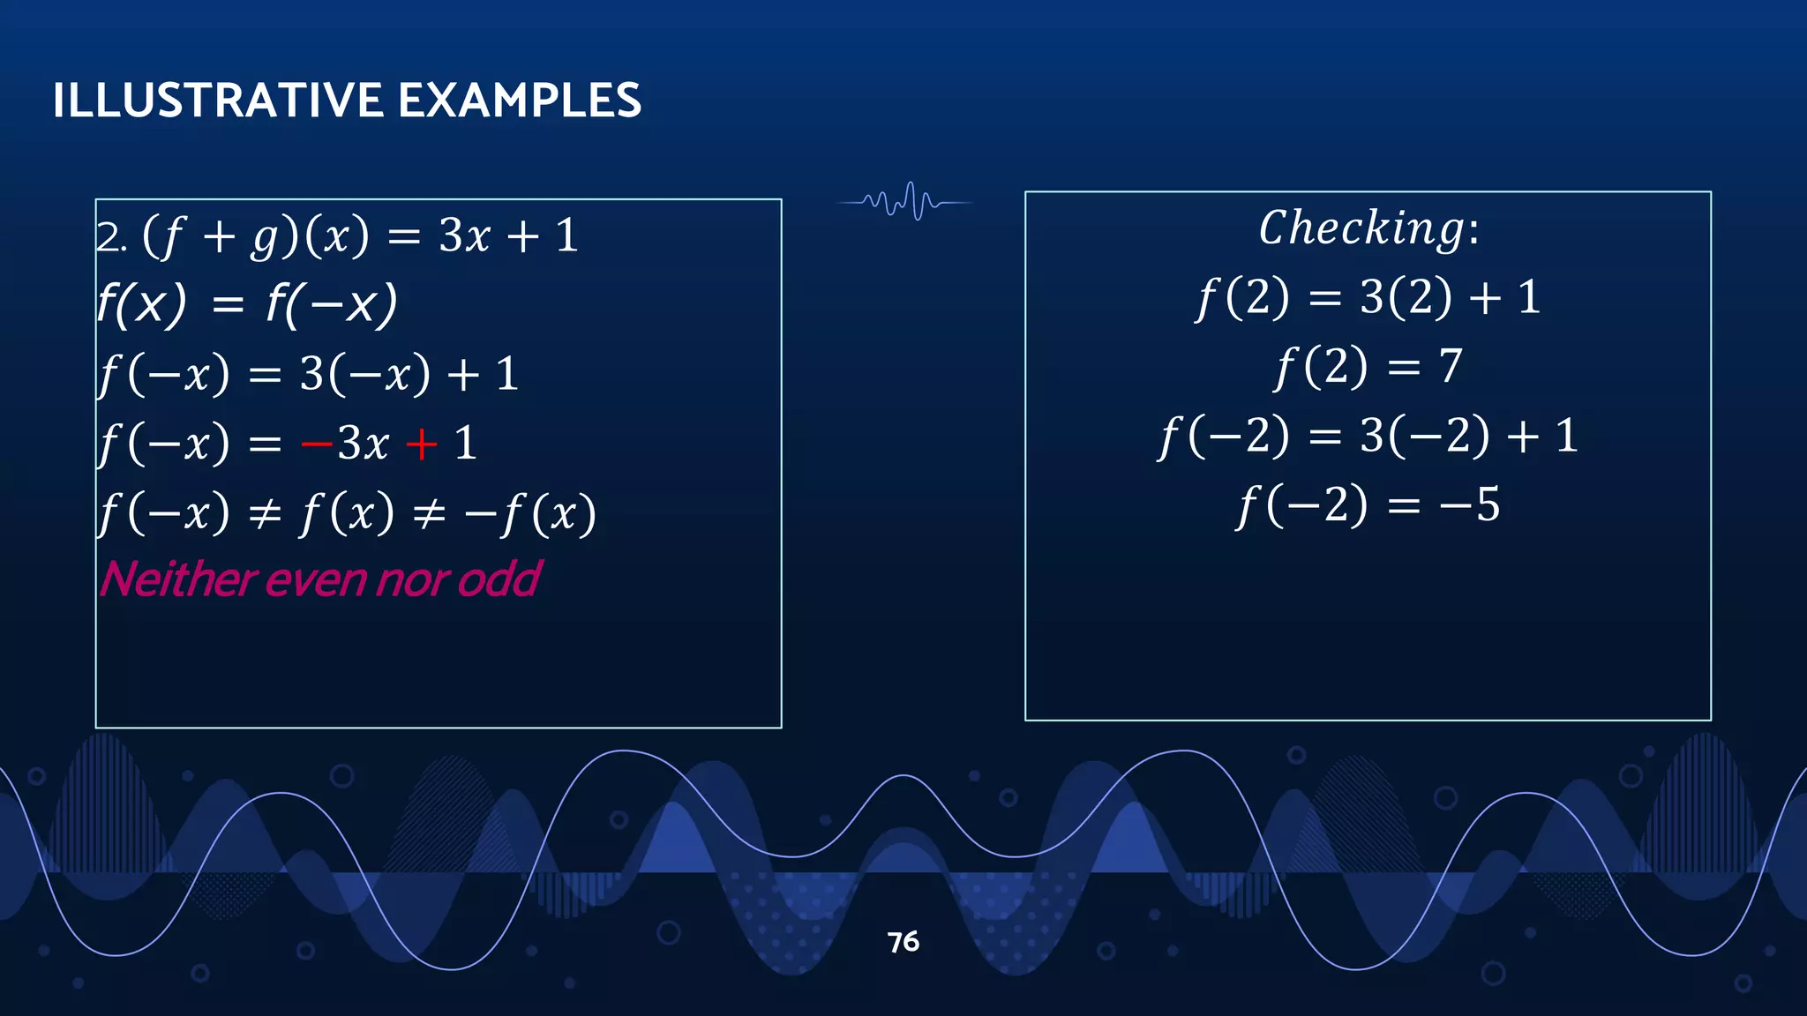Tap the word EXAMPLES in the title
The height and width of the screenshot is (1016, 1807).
point(520,101)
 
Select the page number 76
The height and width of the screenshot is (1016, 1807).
point(903,942)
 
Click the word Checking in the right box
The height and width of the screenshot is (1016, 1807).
point(1361,229)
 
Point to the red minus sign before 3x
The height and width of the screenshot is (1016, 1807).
point(316,444)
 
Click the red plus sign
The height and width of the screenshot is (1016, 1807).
point(422,444)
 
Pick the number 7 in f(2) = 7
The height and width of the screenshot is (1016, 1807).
point(1450,366)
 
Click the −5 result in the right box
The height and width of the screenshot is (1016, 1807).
point(1470,505)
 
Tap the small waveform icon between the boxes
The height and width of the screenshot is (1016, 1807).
point(904,202)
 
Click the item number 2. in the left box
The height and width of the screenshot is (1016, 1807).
point(111,237)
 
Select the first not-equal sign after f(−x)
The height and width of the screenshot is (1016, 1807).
point(265,514)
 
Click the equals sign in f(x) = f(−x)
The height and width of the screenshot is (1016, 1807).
point(228,306)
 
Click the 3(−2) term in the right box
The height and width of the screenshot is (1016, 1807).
point(1426,436)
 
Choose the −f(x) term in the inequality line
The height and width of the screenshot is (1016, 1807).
point(529,514)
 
